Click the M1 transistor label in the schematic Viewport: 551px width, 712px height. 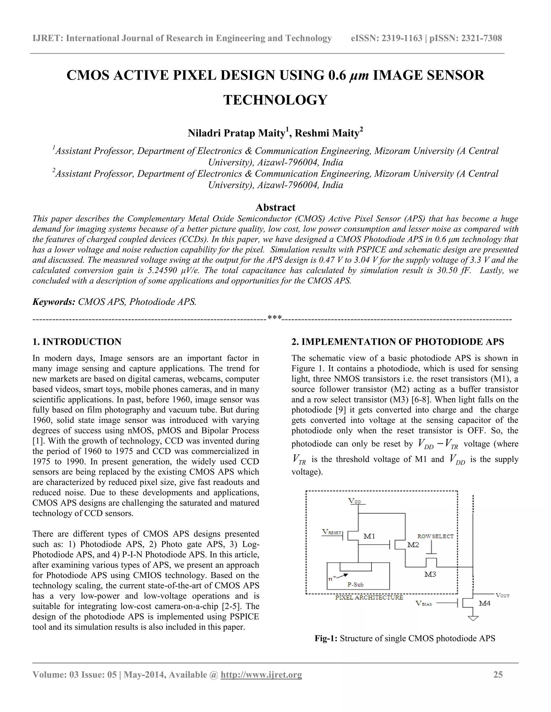[369, 536]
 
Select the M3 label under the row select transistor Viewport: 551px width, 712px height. [430, 574]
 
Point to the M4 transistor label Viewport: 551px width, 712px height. [484, 603]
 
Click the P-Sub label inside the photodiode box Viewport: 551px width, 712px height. [355, 585]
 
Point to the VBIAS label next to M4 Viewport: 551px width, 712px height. [423, 603]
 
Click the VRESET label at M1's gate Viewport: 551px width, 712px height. [332, 532]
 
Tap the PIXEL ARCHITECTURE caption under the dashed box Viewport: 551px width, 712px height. [369, 597]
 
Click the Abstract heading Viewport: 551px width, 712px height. [275, 207]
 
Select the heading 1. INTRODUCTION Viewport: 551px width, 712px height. [77, 342]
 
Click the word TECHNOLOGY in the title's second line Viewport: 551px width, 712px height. [275, 100]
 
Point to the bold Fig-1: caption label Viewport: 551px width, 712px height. [326, 638]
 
